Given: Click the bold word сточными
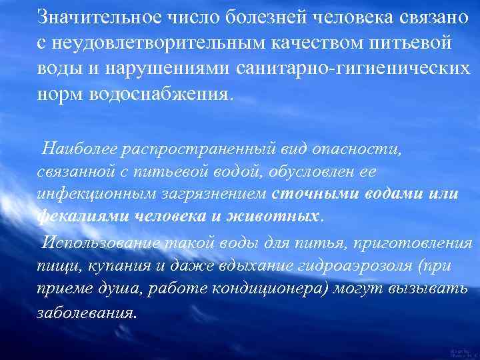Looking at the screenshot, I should pos(309,194).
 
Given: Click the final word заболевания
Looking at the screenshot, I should pos(86,313).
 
